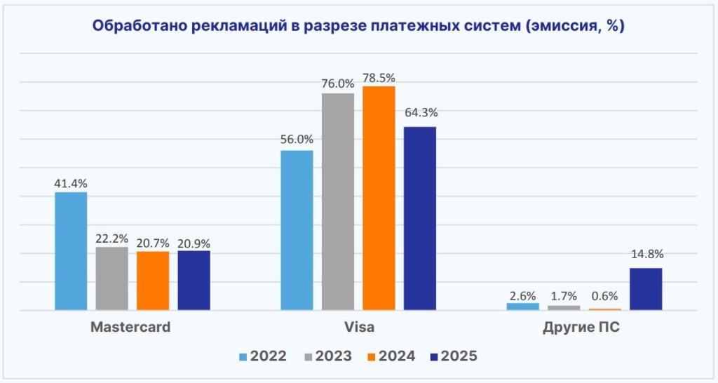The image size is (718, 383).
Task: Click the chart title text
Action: pos(358,27)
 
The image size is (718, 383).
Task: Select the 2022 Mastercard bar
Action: pos(71,251)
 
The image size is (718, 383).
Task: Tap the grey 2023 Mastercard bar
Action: pos(112,278)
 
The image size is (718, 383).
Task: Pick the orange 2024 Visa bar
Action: pos(379,198)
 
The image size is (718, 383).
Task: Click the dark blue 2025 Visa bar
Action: pos(419,218)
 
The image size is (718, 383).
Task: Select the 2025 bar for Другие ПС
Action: pos(646,289)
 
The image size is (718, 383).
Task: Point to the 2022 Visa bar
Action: pos(297,230)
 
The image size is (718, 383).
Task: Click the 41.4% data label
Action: pos(71,183)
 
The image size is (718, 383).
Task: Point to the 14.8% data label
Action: pos(646,254)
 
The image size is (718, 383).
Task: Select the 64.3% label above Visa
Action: pos(419,112)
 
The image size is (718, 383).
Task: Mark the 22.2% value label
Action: pos(112,238)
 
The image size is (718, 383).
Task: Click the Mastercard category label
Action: pos(130,328)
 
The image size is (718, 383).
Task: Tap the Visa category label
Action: pos(358,328)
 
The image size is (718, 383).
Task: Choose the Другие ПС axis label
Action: pos(581,328)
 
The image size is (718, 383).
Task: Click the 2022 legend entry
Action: pos(262,356)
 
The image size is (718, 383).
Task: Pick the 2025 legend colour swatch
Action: pos(432,356)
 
